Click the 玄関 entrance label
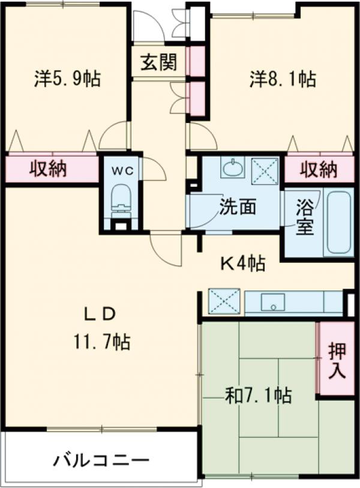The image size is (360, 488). click(158, 62)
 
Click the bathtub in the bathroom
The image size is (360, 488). click(339, 223)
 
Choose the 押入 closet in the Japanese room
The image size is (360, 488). click(337, 360)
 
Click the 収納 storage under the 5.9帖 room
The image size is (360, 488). click(48, 170)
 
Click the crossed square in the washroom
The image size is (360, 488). click(265, 168)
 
